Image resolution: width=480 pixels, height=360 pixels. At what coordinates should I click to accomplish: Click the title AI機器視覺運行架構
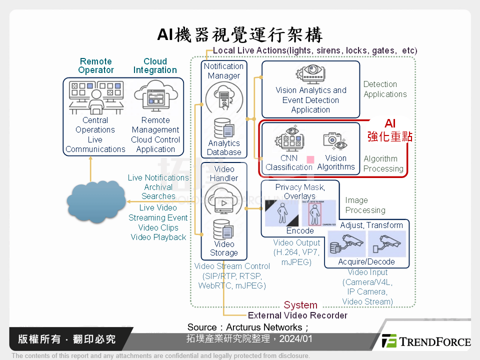[x=240, y=35]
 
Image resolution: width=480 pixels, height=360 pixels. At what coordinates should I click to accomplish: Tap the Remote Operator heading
[x=96, y=66]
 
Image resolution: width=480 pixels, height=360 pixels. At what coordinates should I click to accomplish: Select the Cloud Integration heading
[x=155, y=66]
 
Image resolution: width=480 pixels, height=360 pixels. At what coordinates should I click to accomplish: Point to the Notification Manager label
[x=224, y=71]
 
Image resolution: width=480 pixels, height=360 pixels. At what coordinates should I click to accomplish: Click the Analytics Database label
[x=224, y=147]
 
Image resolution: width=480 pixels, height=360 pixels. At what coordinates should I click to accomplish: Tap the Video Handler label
[x=224, y=173]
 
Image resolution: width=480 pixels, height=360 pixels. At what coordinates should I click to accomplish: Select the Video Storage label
[x=224, y=248]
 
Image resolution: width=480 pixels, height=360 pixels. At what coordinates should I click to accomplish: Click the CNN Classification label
[x=289, y=162]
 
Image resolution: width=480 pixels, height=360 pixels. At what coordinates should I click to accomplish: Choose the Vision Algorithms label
[x=336, y=162]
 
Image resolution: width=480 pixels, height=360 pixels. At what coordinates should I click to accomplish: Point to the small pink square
[x=310, y=159]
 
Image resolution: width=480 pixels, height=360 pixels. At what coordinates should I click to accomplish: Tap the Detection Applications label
[x=385, y=89]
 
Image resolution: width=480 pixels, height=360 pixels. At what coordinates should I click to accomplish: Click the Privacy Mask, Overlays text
[x=300, y=191]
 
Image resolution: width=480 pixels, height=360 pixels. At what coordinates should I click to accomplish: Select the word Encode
[x=300, y=231]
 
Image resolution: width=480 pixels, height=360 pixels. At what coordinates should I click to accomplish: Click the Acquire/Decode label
[x=366, y=261]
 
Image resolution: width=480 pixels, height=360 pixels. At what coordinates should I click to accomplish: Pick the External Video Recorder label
[x=297, y=315]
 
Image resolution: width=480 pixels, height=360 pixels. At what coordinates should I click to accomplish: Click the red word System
[x=300, y=305]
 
